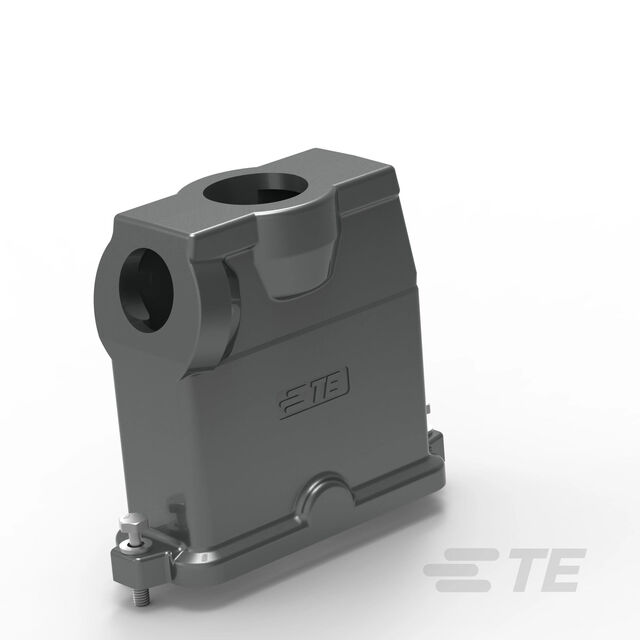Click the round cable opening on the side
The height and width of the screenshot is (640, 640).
[x=146, y=290]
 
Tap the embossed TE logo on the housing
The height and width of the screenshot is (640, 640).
[x=314, y=392]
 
